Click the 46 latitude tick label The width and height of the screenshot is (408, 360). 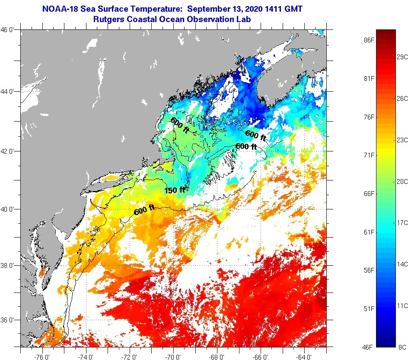[x=9, y=29]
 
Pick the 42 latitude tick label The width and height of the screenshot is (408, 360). [x=9, y=151]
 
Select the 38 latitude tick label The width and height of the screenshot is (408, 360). [x=9, y=265]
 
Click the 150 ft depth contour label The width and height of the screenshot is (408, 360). [x=175, y=190]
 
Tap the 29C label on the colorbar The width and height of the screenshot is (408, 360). [x=402, y=57]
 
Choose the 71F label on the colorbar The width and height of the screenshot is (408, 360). [x=369, y=155]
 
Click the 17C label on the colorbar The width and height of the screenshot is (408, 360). [x=402, y=222]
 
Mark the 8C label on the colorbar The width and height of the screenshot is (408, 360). [x=402, y=347]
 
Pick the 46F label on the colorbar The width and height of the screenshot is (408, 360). [x=369, y=347]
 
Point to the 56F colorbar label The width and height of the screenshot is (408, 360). [x=369, y=270]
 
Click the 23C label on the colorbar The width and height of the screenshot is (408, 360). [x=402, y=140]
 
